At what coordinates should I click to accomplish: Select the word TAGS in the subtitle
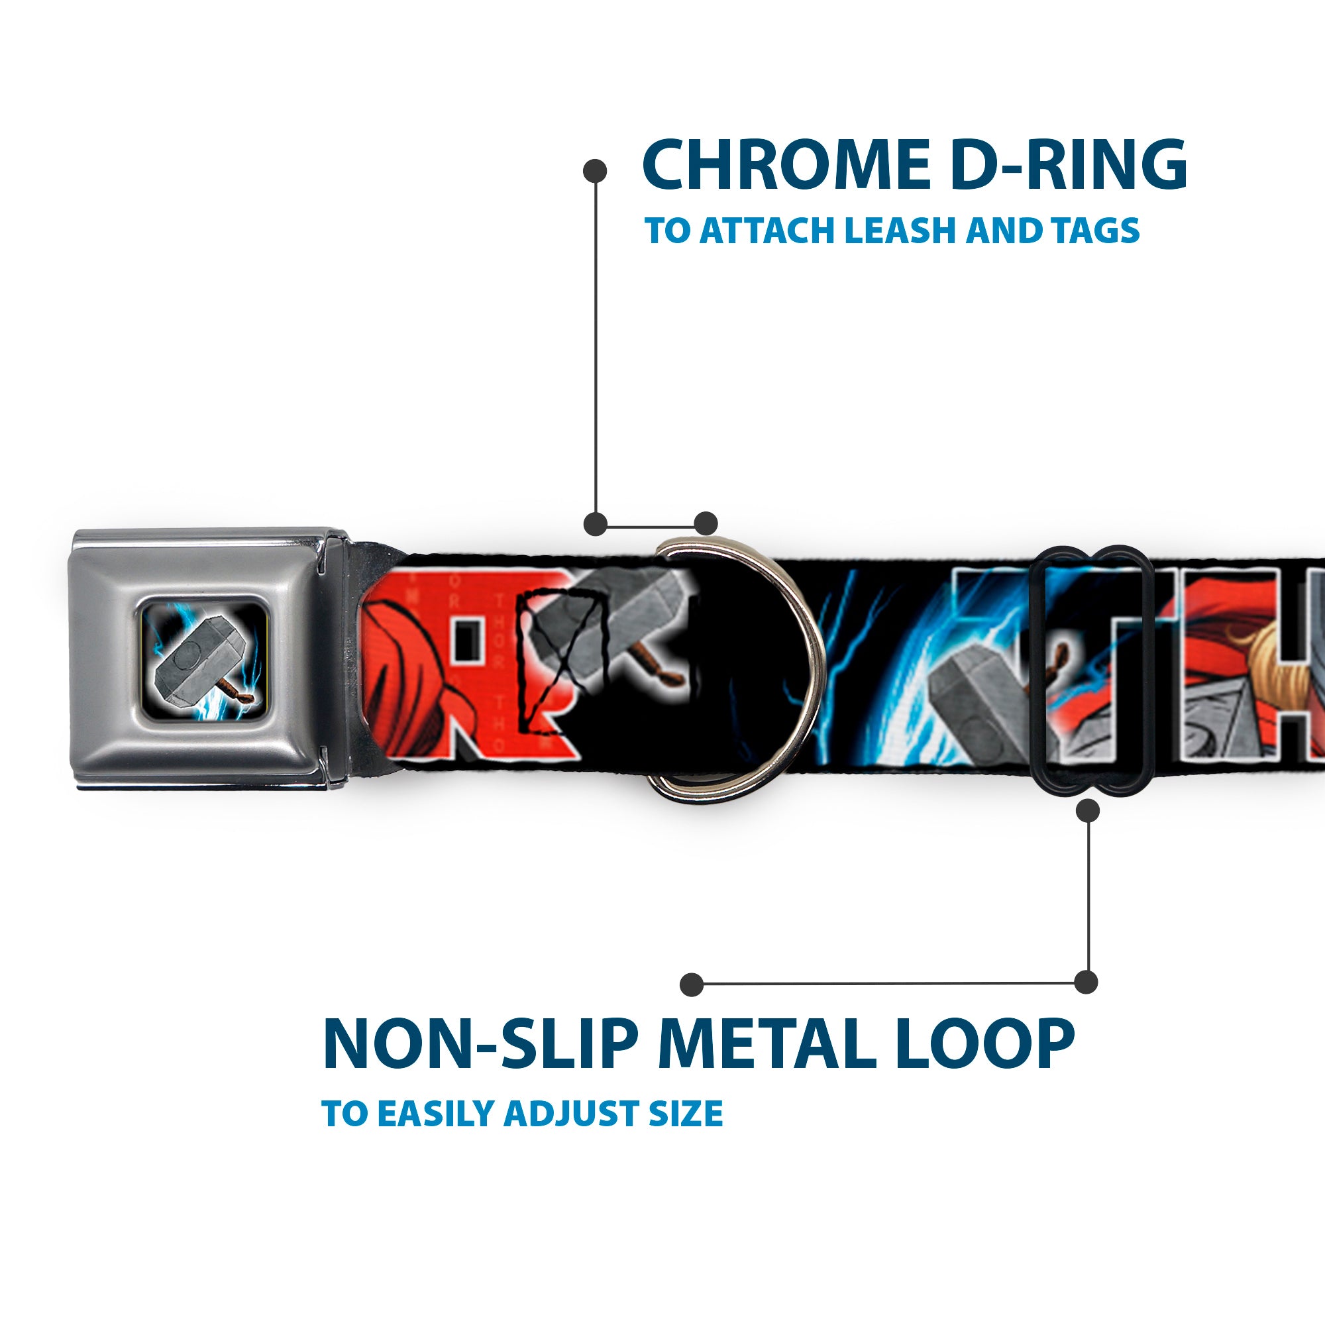click(1096, 231)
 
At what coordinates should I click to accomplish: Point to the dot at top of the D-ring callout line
click(595, 171)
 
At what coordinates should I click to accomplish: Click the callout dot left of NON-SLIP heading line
click(692, 985)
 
